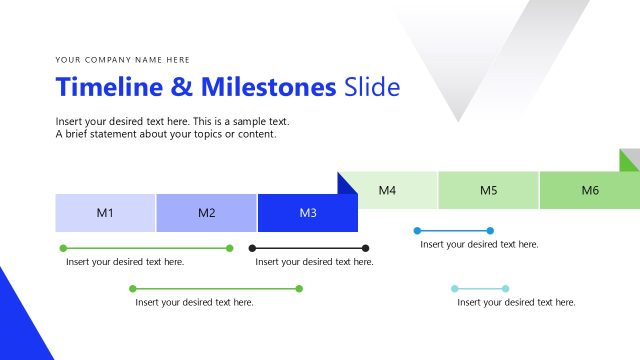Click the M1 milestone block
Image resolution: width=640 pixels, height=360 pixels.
[105, 213]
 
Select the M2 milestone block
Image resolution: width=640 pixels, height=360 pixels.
[206, 213]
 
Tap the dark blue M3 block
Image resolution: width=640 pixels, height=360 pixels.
[308, 213]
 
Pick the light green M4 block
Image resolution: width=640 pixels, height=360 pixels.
[387, 190]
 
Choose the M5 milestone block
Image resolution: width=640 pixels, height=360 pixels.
[488, 190]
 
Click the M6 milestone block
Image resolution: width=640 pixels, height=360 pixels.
[590, 190]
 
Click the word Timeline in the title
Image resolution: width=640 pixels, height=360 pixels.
[109, 87]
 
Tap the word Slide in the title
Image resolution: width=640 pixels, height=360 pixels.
[371, 87]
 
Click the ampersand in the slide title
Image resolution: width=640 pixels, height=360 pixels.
[182, 87]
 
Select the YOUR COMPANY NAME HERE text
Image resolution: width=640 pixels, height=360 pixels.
[122, 60]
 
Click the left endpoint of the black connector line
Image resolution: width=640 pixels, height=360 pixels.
[253, 248]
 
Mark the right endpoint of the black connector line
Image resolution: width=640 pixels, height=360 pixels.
[366, 248]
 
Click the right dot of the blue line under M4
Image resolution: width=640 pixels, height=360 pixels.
[490, 231]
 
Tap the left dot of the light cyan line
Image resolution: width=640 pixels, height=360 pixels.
[454, 289]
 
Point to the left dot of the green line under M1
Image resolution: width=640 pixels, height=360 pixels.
[63, 248]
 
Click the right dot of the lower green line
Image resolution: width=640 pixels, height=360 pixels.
[300, 289]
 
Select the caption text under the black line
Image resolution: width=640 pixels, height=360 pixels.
[314, 262]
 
